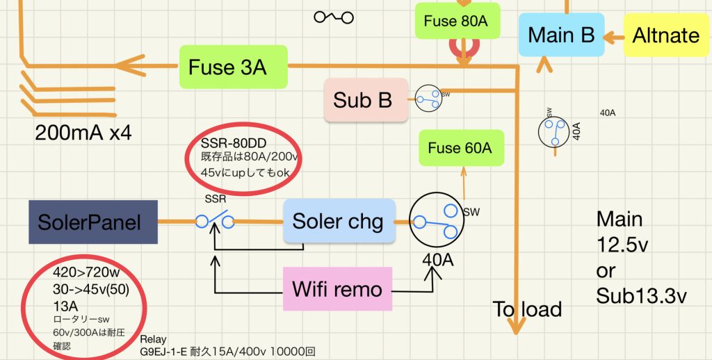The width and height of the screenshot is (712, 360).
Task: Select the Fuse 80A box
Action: tap(456, 21)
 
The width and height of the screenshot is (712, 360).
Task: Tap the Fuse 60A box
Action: tap(460, 147)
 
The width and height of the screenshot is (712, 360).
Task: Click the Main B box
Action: tap(561, 35)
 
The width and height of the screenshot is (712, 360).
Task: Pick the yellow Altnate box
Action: tap(666, 35)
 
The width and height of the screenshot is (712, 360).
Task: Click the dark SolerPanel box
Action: tap(93, 222)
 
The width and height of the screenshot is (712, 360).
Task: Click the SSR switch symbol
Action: tap(213, 222)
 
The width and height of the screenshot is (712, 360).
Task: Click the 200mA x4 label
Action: tap(83, 132)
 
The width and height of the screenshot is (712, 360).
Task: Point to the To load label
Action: tap(527, 309)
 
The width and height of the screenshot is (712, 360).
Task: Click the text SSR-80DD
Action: tap(229, 143)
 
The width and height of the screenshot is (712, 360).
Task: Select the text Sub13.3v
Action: tap(641, 296)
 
